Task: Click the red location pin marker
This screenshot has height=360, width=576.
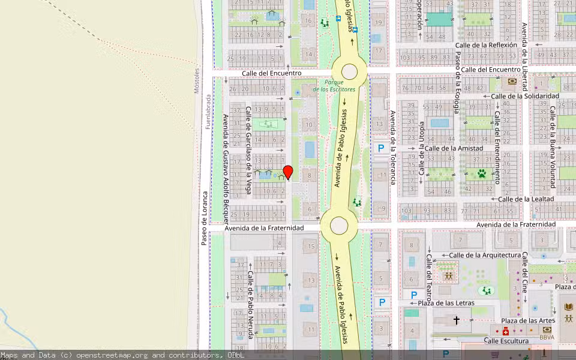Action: tap(288, 172)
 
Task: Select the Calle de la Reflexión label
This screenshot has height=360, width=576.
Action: tap(486, 45)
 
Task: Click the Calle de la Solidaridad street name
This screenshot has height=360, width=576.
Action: tap(525, 96)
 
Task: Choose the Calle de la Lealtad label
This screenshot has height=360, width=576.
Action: tap(526, 199)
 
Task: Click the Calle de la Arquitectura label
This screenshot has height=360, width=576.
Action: tap(485, 255)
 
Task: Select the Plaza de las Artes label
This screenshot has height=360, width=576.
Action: tap(529, 320)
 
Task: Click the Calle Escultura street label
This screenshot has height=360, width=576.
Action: tap(506, 341)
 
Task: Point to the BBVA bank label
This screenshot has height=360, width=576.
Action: tap(547, 338)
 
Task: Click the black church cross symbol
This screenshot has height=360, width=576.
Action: tap(456, 321)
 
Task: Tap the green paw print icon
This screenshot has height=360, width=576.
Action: tap(481, 173)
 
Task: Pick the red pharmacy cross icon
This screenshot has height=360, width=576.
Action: tap(506, 331)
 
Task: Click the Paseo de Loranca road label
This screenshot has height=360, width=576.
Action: tap(204, 218)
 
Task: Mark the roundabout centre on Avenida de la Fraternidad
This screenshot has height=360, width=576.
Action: tap(339, 226)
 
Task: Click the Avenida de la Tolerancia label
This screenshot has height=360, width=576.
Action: tap(393, 147)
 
